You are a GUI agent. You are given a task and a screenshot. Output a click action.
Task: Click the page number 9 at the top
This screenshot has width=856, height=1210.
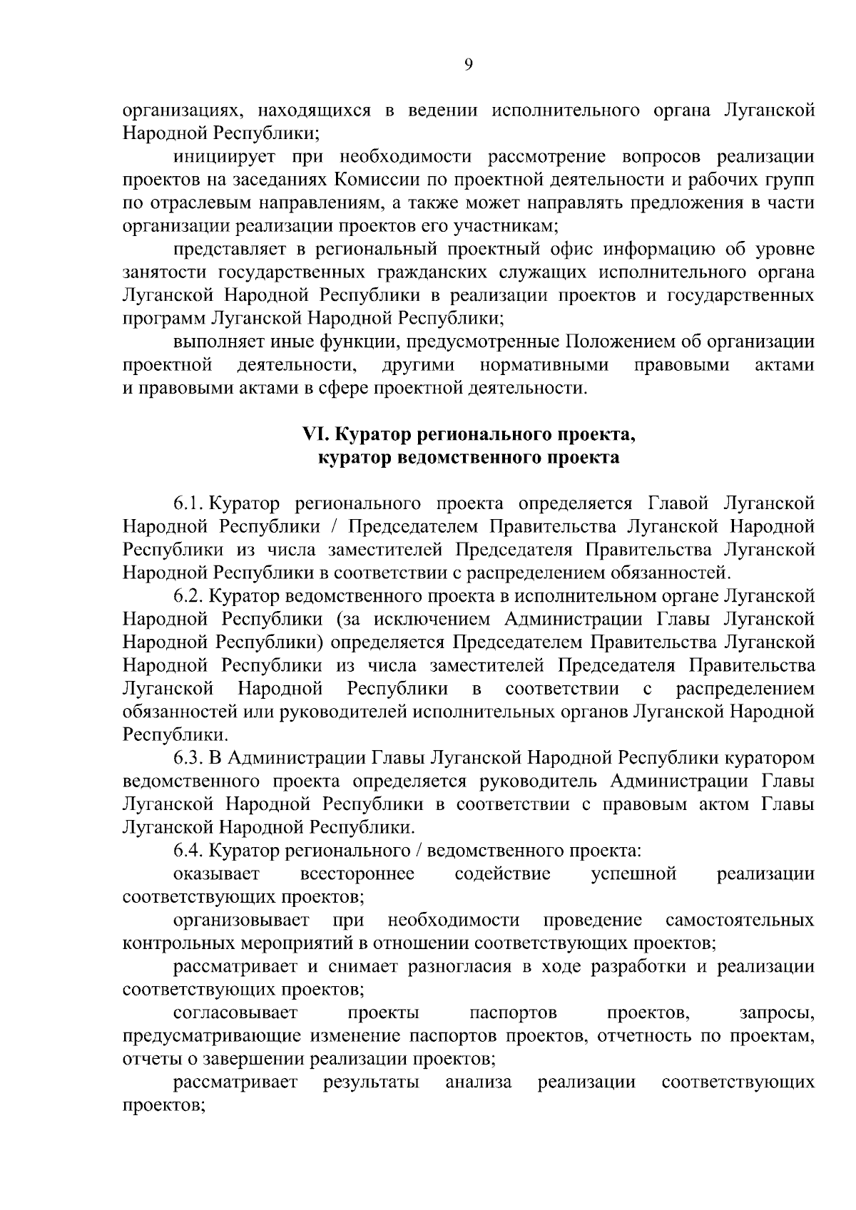(x=468, y=65)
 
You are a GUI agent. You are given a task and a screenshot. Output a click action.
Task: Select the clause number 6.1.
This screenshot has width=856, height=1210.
(x=189, y=503)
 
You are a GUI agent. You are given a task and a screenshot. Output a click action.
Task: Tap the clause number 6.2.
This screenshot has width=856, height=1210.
(x=189, y=595)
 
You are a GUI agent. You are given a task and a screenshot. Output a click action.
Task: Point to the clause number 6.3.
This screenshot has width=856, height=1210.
(x=189, y=758)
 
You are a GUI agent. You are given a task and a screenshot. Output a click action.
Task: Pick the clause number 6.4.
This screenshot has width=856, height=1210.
(x=189, y=851)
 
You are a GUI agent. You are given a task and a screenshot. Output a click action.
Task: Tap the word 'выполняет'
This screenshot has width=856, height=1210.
(x=217, y=342)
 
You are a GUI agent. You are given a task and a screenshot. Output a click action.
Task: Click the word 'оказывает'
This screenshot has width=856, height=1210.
(x=216, y=874)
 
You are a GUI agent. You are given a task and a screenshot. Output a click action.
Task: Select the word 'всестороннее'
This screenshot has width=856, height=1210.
(x=357, y=874)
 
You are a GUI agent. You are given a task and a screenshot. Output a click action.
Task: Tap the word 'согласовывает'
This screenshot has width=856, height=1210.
(x=235, y=1013)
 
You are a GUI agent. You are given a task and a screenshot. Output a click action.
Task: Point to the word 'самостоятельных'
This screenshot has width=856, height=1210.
(x=739, y=921)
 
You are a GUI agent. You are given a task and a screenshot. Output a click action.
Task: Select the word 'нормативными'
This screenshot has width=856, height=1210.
(x=544, y=366)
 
